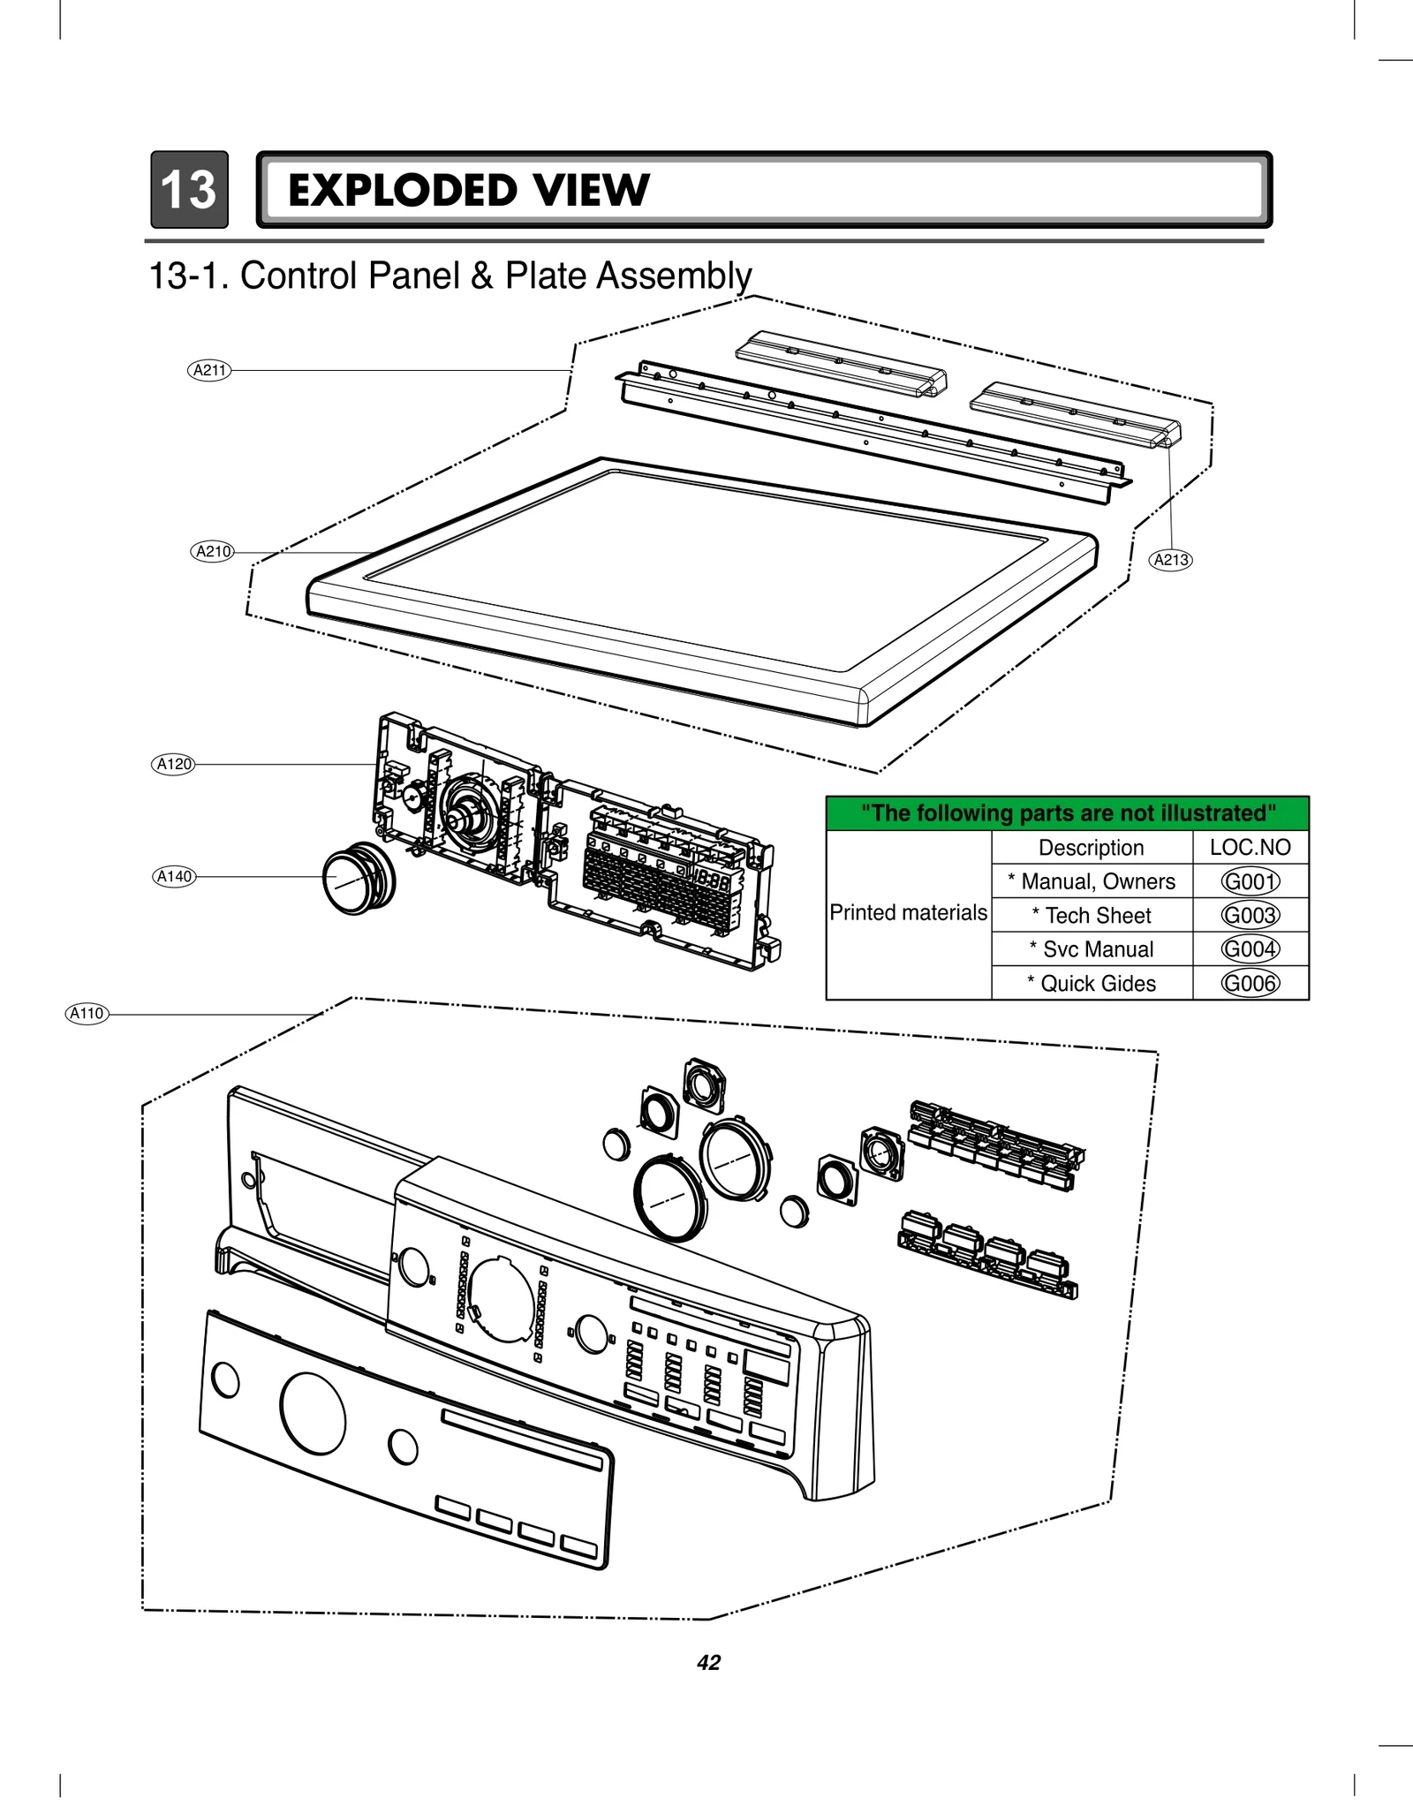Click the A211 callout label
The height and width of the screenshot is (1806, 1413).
pyautogui.click(x=210, y=370)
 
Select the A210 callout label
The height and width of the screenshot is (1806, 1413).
pyautogui.click(x=213, y=551)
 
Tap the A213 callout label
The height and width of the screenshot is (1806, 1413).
pyautogui.click(x=1171, y=559)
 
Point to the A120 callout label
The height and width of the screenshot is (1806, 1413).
pyautogui.click(x=173, y=764)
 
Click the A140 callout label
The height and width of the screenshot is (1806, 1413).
pyautogui.click(x=174, y=876)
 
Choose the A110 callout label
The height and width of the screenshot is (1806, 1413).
pyautogui.click(x=87, y=1013)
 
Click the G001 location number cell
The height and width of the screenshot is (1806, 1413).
pyautogui.click(x=1250, y=881)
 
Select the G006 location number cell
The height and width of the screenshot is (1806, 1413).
pyautogui.click(x=1250, y=983)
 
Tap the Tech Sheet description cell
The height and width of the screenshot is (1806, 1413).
pyautogui.click(x=1092, y=916)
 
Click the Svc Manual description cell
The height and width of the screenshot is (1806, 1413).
pyautogui.click(x=1092, y=949)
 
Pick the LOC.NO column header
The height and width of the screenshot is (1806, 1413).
pyautogui.click(x=1250, y=848)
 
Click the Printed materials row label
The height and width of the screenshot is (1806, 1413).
pyautogui.click(x=908, y=913)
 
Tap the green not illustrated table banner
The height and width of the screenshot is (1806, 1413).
pyautogui.click(x=1067, y=813)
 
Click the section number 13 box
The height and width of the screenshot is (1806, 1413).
pyautogui.click(x=189, y=190)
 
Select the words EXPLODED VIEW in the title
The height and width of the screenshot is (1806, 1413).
pyautogui.click(x=468, y=191)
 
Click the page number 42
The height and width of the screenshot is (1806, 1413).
pyautogui.click(x=708, y=1663)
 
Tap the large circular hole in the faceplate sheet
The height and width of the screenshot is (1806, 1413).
pyautogui.click(x=313, y=1413)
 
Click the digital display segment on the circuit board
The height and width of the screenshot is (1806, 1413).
pyautogui.click(x=710, y=880)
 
